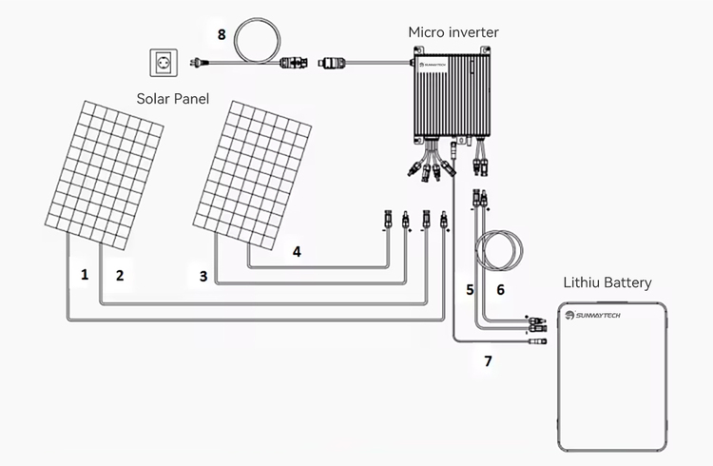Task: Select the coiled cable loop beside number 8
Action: pyautogui.click(x=255, y=44)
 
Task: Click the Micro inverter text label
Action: pyautogui.click(x=453, y=32)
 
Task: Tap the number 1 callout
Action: pyautogui.click(x=86, y=274)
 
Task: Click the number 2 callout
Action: pyautogui.click(x=120, y=276)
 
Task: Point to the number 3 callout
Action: pyautogui.click(x=203, y=276)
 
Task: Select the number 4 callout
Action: pyautogui.click(x=297, y=252)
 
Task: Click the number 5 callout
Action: pyautogui.click(x=469, y=289)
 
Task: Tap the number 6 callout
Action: pyautogui.click(x=501, y=289)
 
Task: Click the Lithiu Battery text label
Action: pyautogui.click(x=607, y=282)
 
